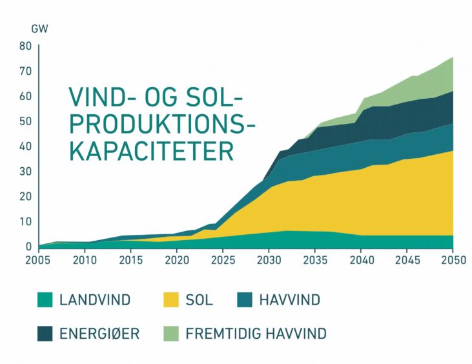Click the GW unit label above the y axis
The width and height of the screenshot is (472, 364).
pos(39,29)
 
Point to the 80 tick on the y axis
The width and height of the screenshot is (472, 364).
pos(26,46)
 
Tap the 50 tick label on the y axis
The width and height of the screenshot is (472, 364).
pos(26,121)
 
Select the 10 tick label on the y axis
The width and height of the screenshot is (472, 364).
pos(26,221)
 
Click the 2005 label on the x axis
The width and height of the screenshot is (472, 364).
pos(39,260)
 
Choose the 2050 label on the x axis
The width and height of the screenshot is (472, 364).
pos(453,260)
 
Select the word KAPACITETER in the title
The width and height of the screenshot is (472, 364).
pos(151,152)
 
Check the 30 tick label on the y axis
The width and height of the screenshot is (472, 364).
pos(26,171)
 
